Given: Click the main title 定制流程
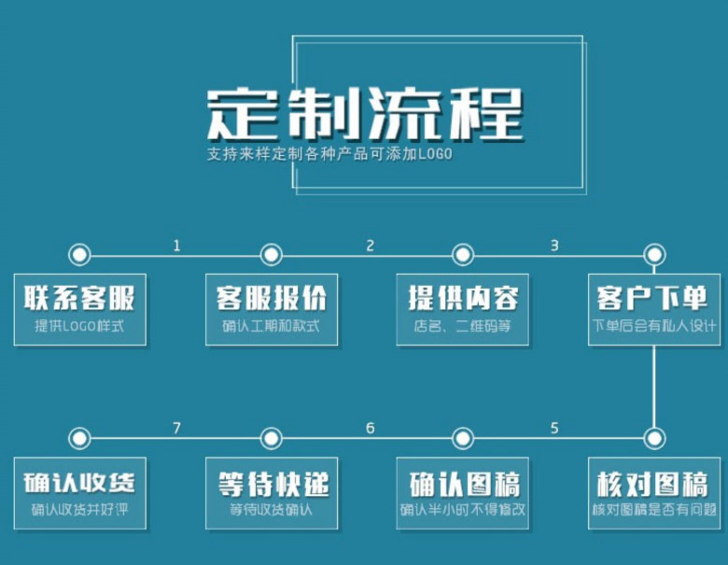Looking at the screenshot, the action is pyautogui.click(x=364, y=114).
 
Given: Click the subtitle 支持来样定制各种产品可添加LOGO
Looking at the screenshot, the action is pyautogui.click(x=329, y=154).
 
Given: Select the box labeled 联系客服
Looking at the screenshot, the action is pyautogui.click(x=79, y=309).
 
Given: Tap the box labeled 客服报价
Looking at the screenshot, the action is pyautogui.click(x=272, y=309).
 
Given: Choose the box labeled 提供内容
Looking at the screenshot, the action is pyautogui.click(x=463, y=309).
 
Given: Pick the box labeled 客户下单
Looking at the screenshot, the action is pyautogui.click(x=654, y=309).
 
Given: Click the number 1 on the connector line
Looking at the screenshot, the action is pyautogui.click(x=176, y=247).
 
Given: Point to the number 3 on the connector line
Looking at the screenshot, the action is pyautogui.click(x=554, y=247).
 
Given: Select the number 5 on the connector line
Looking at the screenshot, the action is pyautogui.click(x=554, y=429).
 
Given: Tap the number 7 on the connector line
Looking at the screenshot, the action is pyautogui.click(x=176, y=429).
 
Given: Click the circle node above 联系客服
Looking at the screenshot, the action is pyautogui.click(x=79, y=254).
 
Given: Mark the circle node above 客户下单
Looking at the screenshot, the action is pyautogui.click(x=654, y=254).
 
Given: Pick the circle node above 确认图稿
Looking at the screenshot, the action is pyautogui.click(x=463, y=438).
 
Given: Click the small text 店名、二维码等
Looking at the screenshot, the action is pyautogui.click(x=463, y=327).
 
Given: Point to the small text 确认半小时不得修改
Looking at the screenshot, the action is pyautogui.click(x=463, y=511).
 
